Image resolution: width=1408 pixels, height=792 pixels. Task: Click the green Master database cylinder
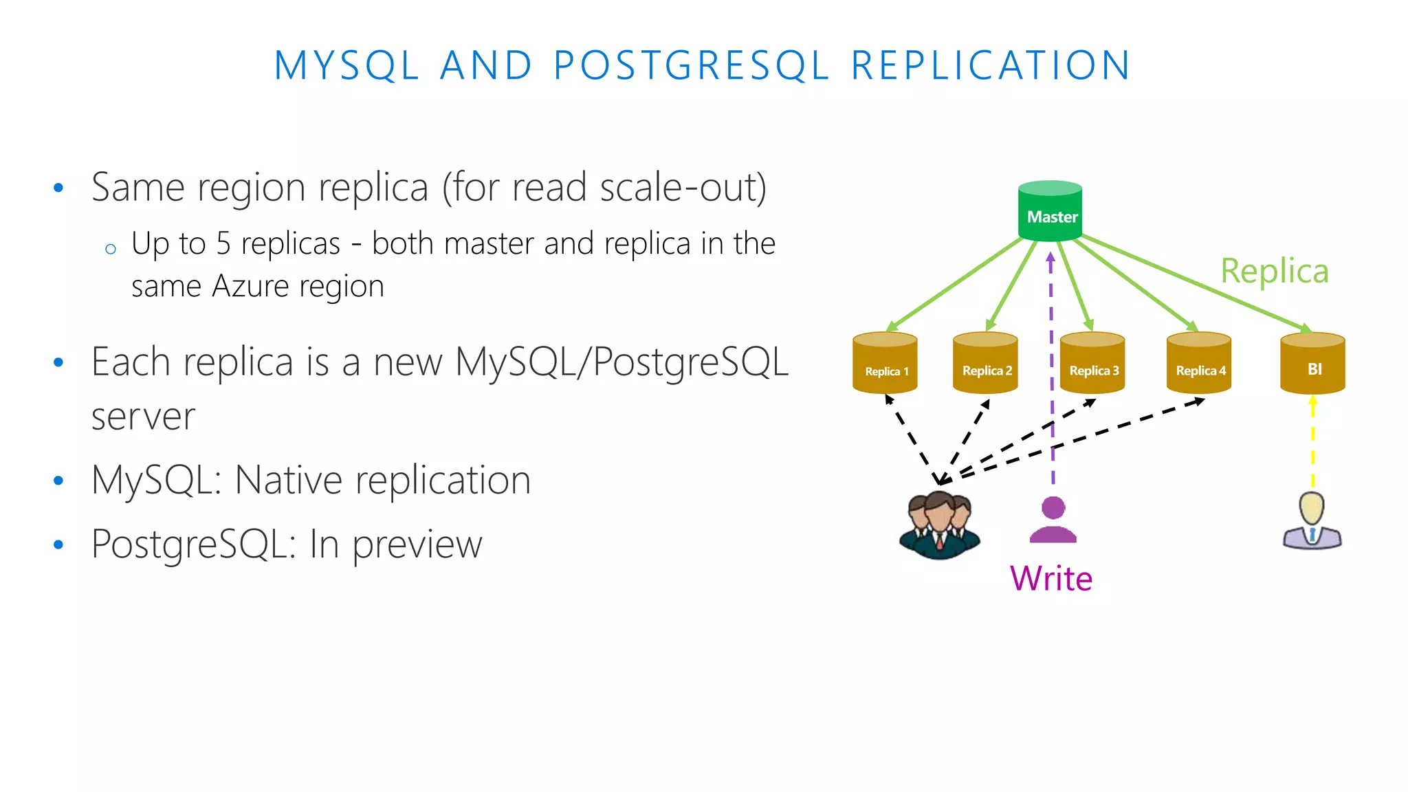[1050, 211]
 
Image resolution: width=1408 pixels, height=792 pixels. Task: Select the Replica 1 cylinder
[885, 364]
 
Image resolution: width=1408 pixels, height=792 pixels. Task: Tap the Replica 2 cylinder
[985, 364]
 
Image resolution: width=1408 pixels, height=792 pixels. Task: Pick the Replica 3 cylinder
[1092, 364]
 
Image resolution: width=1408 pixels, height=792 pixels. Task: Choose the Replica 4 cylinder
[1199, 364]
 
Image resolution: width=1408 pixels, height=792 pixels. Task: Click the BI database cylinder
[1312, 364]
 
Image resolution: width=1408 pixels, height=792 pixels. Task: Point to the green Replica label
[1274, 271]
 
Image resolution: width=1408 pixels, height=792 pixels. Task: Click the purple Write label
[1050, 578]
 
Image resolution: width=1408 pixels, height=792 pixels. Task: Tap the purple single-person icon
[1053, 520]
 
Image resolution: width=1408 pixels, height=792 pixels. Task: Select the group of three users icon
[939, 525]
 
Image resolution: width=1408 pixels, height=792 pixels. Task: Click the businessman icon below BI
[1312, 521]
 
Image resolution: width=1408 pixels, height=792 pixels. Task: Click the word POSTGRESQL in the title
[692, 66]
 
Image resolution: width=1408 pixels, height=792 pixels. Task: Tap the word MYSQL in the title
[346, 66]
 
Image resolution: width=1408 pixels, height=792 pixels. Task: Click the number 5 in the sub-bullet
[223, 244]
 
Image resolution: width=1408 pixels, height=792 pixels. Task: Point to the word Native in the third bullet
[288, 480]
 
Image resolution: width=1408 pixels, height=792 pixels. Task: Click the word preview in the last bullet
[417, 544]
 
